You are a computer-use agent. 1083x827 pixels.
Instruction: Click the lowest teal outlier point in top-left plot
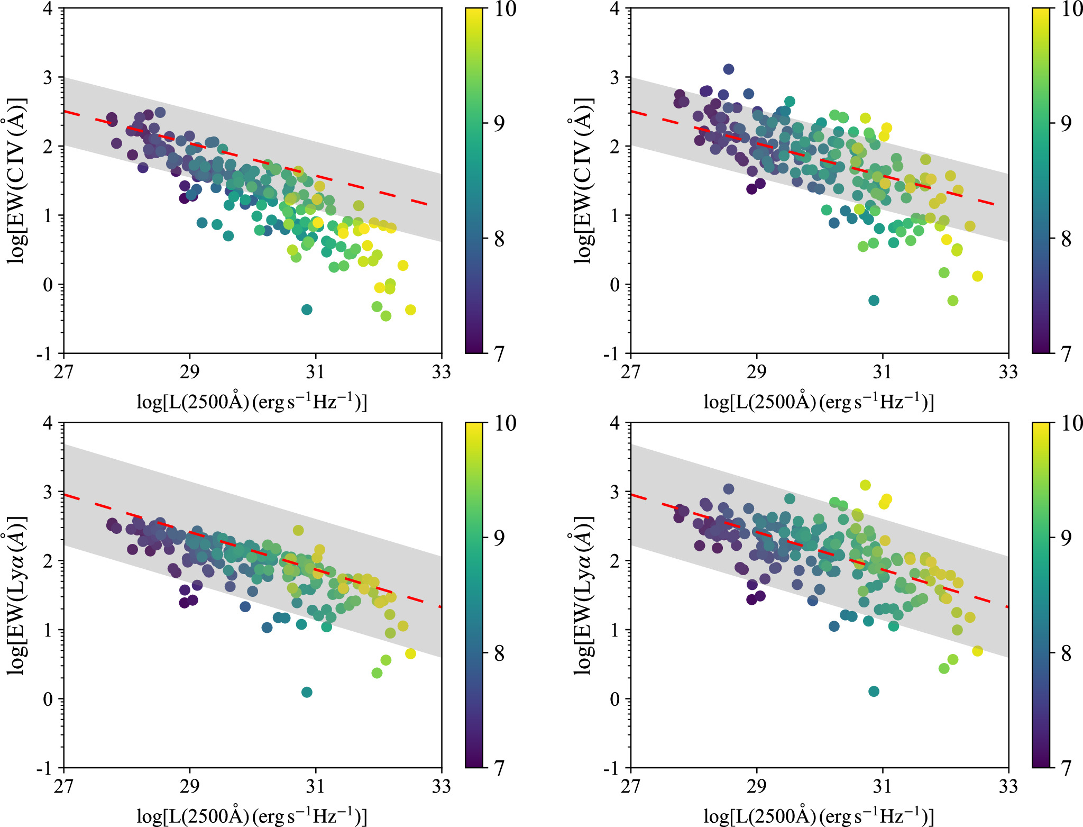[307, 310]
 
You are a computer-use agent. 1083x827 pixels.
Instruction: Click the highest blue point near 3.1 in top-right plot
[729, 69]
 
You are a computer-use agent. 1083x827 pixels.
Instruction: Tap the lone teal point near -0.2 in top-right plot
[874, 301]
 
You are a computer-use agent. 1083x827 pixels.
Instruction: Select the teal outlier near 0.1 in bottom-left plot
[307, 692]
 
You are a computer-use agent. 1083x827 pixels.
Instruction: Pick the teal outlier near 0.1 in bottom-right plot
[874, 692]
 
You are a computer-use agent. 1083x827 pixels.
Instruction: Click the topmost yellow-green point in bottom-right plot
[865, 485]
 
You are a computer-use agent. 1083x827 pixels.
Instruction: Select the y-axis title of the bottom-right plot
[583, 595]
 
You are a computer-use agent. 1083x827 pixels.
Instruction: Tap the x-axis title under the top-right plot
[819, 402]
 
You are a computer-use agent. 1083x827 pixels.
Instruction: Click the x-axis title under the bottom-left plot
[252, 816]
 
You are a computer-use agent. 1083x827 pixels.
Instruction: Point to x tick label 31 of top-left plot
[315, 372]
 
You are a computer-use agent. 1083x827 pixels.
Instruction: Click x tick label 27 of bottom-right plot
[630, 787]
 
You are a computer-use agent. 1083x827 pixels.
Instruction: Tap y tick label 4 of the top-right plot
[614, 8]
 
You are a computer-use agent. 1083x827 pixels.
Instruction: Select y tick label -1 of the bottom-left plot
[45, 768]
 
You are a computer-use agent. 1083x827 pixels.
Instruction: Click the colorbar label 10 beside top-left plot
[505, 10]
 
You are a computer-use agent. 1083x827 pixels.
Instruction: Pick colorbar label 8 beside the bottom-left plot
[499, 653]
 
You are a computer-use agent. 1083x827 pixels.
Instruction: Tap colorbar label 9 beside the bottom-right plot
[1066, 538]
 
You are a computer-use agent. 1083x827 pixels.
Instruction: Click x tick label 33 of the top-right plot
[1008, 372]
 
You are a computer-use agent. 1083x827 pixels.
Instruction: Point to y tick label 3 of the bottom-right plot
[614, 492]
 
